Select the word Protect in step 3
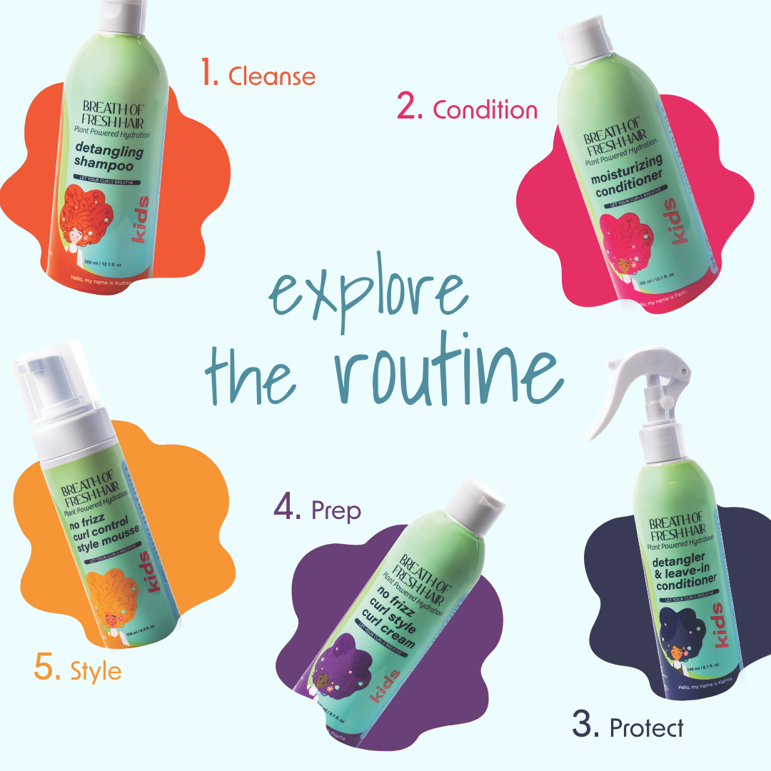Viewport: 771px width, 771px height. pyautogui.click(x=646, y=727)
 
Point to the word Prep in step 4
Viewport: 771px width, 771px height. pyautogui.click(x=336, y=510)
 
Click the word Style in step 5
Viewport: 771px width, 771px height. pyautogui.click(x=96, y=671)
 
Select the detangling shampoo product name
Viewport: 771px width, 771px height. pyautogui.click(x=108, y=158)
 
